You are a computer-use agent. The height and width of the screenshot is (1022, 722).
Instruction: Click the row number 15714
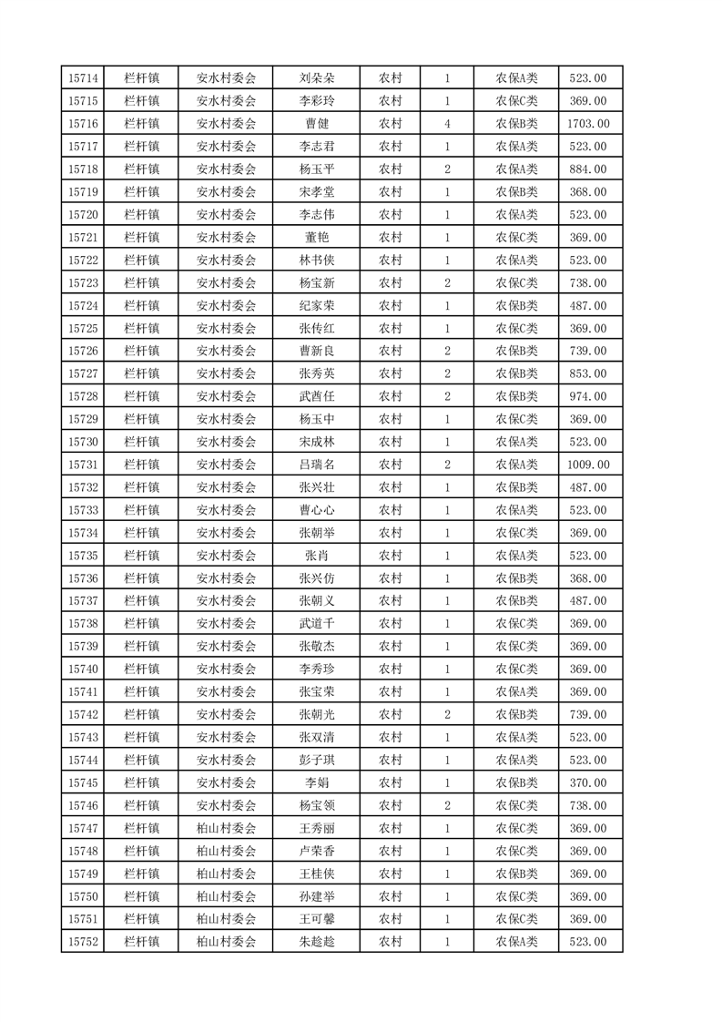[83, 78]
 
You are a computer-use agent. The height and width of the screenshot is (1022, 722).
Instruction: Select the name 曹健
[317, 124]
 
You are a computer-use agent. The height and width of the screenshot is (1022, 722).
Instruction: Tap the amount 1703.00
[587, 124]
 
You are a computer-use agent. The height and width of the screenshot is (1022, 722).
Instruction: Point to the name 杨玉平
[317, 169]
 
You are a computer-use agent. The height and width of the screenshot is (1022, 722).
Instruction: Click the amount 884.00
[587, 169]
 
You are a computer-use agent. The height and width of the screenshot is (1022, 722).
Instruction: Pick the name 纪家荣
[317, 306]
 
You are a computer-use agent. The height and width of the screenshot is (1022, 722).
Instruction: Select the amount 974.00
[587, 396]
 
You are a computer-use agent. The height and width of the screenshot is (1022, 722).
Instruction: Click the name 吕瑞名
[317, 465]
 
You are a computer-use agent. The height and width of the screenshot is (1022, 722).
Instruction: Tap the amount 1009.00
[587, 465]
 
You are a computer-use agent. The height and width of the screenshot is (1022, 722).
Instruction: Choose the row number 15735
[83, 556]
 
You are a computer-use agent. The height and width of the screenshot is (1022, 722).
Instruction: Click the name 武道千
[317, 624]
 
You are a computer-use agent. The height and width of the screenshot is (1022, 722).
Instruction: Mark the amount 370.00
[587, 782]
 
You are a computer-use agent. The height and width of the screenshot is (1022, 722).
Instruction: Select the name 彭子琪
[317, 760]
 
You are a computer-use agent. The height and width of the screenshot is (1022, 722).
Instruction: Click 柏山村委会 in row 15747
[227, 828]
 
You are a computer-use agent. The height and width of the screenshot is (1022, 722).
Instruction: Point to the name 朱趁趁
[317, 942]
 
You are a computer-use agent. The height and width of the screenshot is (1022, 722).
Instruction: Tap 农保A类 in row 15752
[516, 942]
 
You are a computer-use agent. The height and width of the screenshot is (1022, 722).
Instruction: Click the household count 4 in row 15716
[447, 124]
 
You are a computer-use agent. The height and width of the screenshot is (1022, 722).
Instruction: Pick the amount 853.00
[587, 373]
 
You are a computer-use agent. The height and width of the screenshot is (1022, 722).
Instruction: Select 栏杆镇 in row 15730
[141, 442]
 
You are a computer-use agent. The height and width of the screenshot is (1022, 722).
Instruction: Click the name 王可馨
[317, 919]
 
